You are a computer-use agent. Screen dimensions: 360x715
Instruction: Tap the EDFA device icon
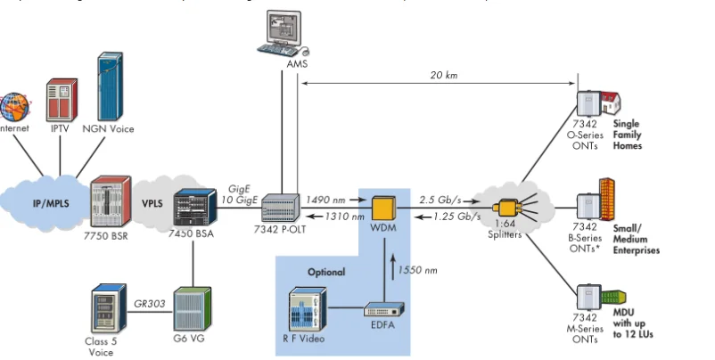point(386,310)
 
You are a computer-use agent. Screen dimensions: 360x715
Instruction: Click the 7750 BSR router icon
point(109,201)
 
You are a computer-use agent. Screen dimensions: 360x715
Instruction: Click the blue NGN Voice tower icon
point(109,87)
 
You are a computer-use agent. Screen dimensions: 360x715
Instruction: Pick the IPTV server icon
point(60,98)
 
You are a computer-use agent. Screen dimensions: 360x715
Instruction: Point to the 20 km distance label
point(444,76)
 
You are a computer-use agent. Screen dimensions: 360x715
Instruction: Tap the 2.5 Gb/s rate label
point(440,200)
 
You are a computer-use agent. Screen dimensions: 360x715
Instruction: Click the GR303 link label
point(149,303)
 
